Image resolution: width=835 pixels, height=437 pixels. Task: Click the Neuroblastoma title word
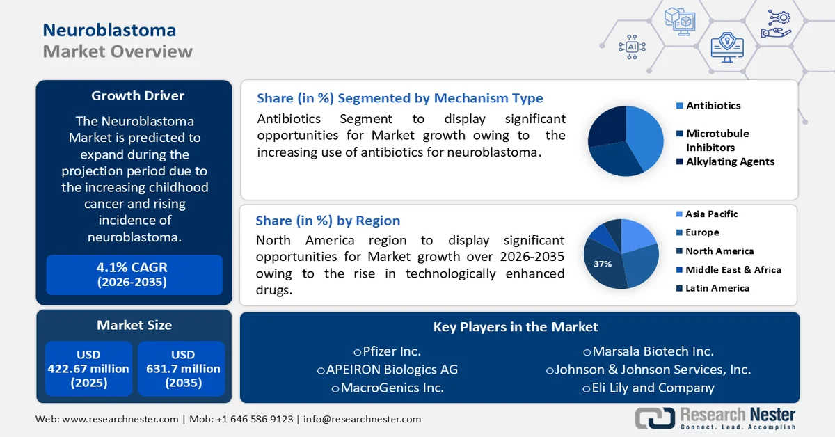pyautogui.click(x=109, y=30)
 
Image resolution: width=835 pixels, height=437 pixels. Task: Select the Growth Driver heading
pyautogui.click(x=138, y=96)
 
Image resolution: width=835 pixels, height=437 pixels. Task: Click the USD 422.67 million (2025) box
pyautogui.click(x=88, y=369)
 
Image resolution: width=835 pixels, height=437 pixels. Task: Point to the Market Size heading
pyautogui.click(x=134, y=325)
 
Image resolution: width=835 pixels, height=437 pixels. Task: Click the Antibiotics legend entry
pyautogui.click(x=713, y=106)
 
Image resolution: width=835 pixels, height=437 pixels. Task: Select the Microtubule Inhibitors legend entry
pyautogui.click(x=717, y=140)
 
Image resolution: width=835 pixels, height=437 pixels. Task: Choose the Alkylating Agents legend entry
pyautogui.click(x=729, y=161)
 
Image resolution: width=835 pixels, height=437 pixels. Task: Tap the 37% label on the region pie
pyautogui.click(x=603, y=264)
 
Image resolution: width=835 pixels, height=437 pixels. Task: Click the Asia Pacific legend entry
pyautogui.click(x=711, y=214)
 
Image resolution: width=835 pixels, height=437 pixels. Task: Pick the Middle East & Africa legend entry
pyautogui.click(x=733, y=270)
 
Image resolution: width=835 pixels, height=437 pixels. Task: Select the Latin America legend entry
pyautogui.click(x=717, y=288)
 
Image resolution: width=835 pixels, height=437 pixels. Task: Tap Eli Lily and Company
pyautogui.click(x=649, y=388)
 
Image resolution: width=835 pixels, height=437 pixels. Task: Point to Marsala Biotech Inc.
pyautogui.click(x=649, y=351)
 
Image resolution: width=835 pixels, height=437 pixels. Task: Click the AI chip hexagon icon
pyautogui.click(x=633, y=47)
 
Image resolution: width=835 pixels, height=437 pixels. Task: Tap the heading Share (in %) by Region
pyautogui.click(x=328, y=221)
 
